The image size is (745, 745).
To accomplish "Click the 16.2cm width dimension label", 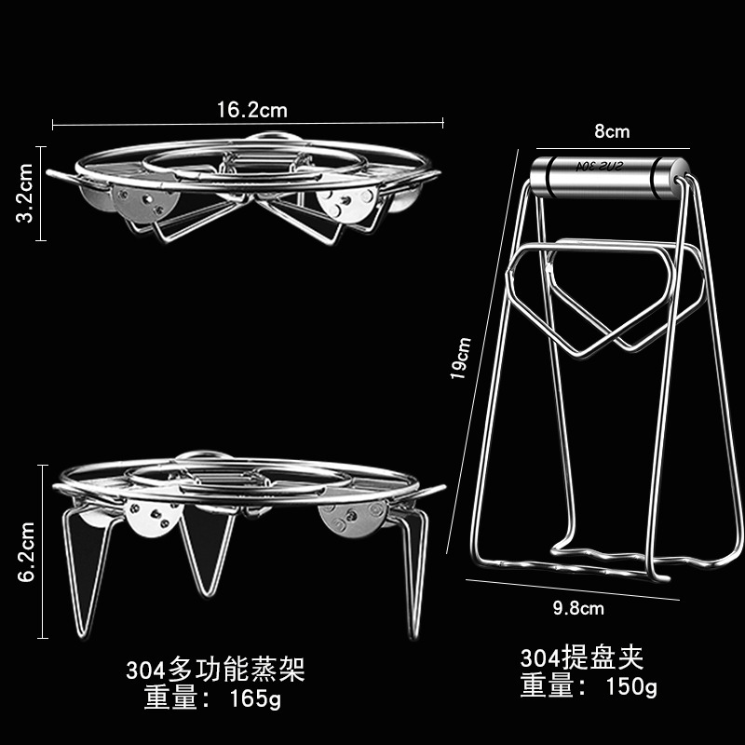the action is [252, 109].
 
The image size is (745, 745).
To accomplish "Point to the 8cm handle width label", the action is [612, 131].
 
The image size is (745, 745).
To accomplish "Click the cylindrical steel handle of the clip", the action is [608, 175].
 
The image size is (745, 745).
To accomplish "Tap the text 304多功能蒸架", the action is [215, 669].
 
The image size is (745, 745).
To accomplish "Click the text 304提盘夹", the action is [582, 658].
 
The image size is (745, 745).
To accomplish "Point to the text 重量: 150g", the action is [589, 687].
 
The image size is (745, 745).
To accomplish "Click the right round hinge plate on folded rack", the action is [346, 204].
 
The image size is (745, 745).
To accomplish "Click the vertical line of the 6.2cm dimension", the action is [42, 552].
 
